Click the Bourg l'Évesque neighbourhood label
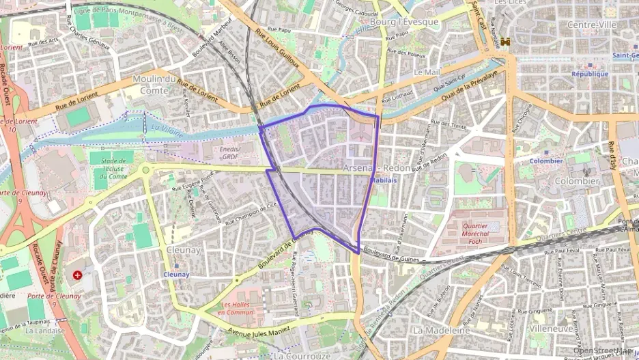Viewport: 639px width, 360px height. pos(404,22)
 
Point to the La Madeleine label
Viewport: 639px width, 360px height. pos(441,330)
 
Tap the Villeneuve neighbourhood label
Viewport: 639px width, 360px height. pos(551,328)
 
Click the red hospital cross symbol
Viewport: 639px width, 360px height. pos(78,275)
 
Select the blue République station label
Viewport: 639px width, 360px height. pos(590,74)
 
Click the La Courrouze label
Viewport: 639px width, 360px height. pos(297,356)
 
